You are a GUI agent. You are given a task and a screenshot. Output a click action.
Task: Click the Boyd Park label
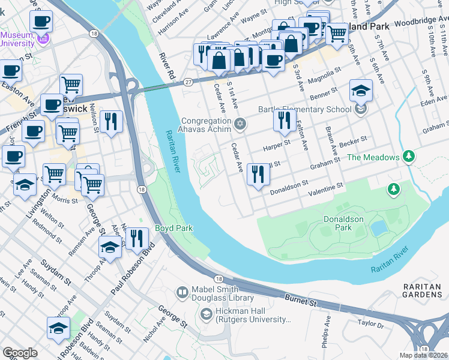click(173, 229)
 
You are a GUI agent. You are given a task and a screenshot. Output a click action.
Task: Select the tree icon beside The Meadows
click(409, 157)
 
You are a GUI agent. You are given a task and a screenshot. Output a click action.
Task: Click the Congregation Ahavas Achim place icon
click(240, 124)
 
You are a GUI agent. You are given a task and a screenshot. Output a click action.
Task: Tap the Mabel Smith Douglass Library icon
click(182, 293)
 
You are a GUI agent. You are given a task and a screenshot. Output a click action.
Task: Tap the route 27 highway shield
click(188, 82)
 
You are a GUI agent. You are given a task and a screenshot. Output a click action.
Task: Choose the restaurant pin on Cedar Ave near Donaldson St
click(258, 175)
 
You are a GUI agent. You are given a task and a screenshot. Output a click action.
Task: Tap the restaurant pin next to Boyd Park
click(137, 238)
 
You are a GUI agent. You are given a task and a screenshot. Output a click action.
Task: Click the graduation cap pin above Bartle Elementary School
click(361, 90)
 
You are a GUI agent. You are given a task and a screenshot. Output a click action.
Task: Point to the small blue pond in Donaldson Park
click(378, 228)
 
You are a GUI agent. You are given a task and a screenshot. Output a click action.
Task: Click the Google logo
click(20, 353)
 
